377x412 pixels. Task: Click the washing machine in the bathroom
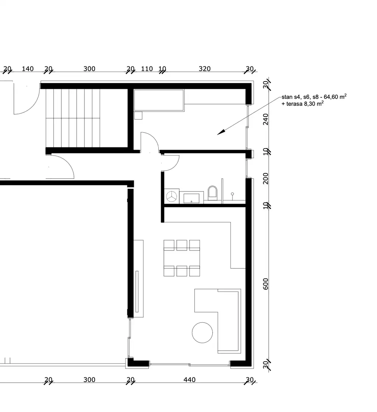tap(172, 196)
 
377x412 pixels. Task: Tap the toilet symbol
tap(212, 193)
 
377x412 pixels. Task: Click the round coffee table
tap(202, 333)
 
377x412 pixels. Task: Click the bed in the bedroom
tap(159, 100)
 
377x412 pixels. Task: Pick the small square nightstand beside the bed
tap(138, 115)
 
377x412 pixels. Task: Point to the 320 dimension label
tap(205, 69)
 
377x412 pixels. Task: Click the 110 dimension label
tap(147, 69)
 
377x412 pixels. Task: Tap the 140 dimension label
tap(28, 69)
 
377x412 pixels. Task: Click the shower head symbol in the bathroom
tap(232, 194)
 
